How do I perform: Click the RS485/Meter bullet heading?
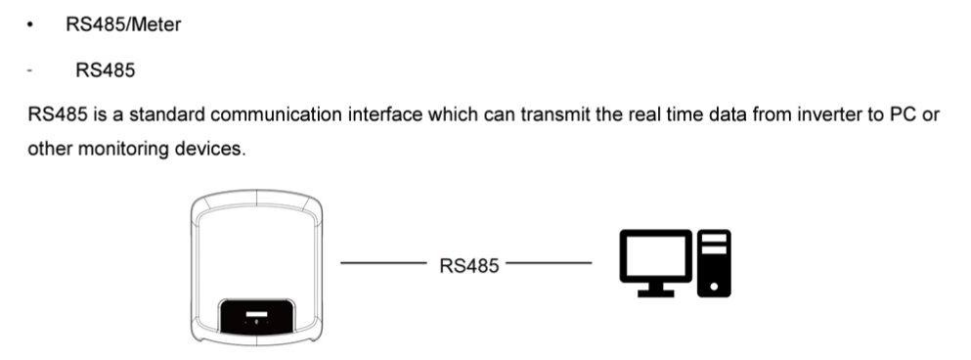click(123, 24)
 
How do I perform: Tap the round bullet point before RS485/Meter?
click(29, 24)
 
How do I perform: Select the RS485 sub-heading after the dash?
click(106, 70)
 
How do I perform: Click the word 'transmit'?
click(554, 114)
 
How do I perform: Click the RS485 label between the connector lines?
click(468, 266)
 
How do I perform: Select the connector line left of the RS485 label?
click(384, 263)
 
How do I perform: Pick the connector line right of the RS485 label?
click(549, 263)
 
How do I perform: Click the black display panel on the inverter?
click(257, 316)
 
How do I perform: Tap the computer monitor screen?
click(656, 256)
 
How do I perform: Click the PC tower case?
click(714, 263)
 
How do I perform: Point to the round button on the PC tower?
click(714, 287)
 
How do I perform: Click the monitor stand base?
click(656, 293)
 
